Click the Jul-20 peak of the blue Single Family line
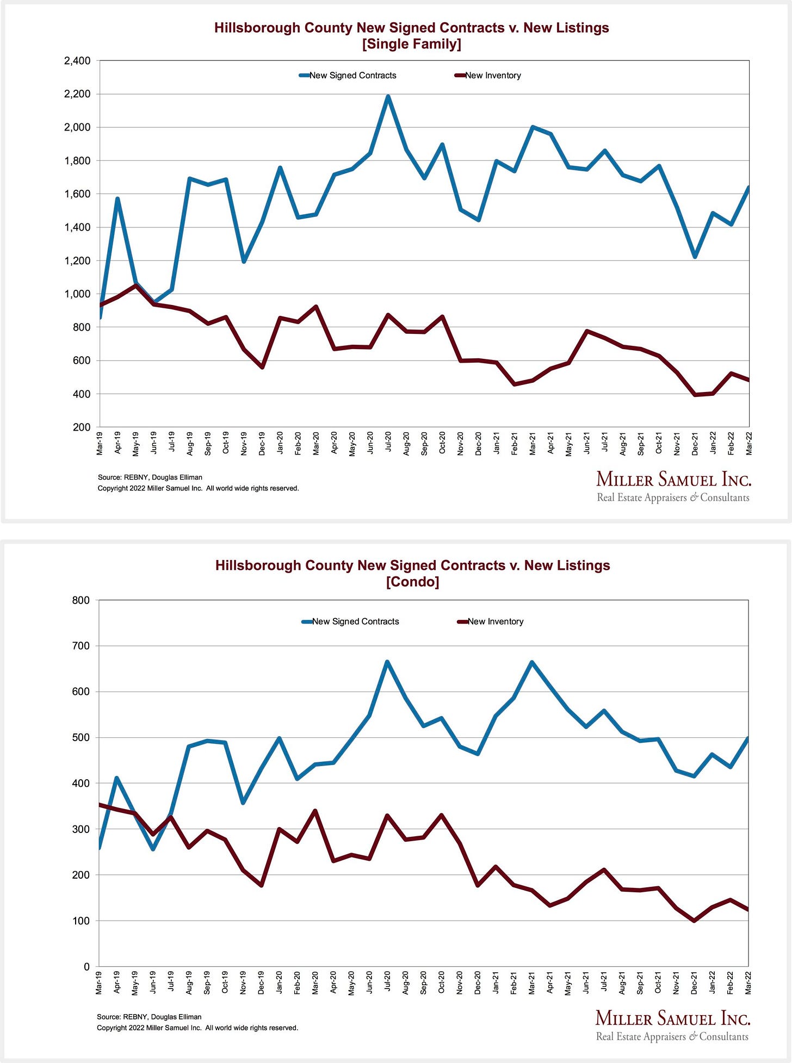[388, 97]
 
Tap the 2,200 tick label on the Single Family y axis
[77, 94]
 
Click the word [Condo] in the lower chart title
[412, 582]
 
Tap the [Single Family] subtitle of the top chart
[411, 44]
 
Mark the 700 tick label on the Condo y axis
[81, 646]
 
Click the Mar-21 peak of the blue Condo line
[531, 662]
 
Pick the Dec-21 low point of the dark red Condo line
[694, 921]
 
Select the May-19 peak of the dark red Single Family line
[135, 285]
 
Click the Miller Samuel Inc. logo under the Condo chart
[673, 1025]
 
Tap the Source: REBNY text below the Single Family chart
[150, 477]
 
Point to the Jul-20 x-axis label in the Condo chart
[387, 983]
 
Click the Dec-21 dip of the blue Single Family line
[695, 257]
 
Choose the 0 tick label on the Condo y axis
[86, 967]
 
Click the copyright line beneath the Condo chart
[197, 1028]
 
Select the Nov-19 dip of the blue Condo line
[243, 803]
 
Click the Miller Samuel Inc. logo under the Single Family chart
[673, 487]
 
